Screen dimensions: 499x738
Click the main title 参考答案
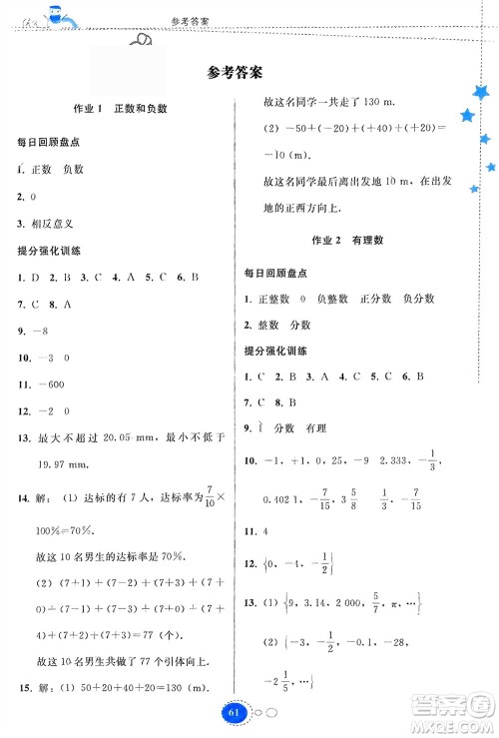[x=236, y=72]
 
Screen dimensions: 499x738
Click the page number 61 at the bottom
[x=236, y=713]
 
